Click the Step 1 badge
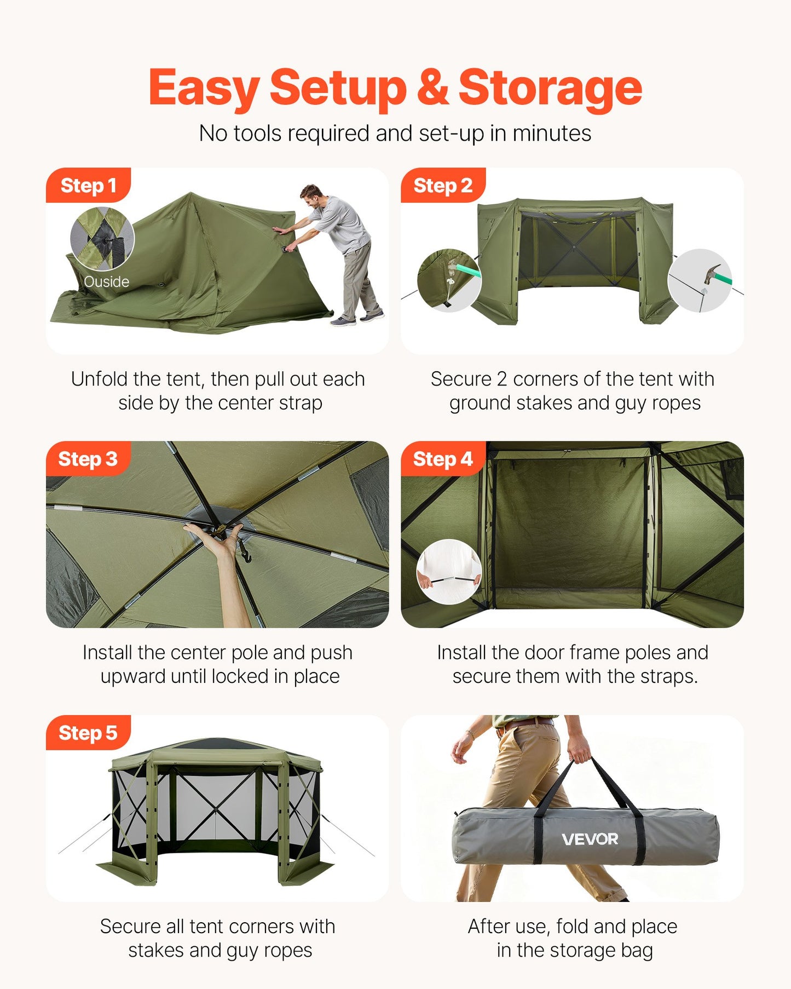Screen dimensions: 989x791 point(88,186)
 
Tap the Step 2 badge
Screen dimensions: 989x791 point(442,186)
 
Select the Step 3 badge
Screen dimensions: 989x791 point(88,459)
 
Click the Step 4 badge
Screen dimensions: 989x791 point(442,459)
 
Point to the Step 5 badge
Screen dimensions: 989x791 point(88,733)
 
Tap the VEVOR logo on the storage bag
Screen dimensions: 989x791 point(590,839)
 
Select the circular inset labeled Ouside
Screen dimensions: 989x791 point(102,239)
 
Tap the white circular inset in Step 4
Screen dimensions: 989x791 point(449,572)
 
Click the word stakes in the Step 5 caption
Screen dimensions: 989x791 point(156,950)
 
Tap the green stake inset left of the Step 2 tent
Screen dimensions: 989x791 point(449,280)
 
